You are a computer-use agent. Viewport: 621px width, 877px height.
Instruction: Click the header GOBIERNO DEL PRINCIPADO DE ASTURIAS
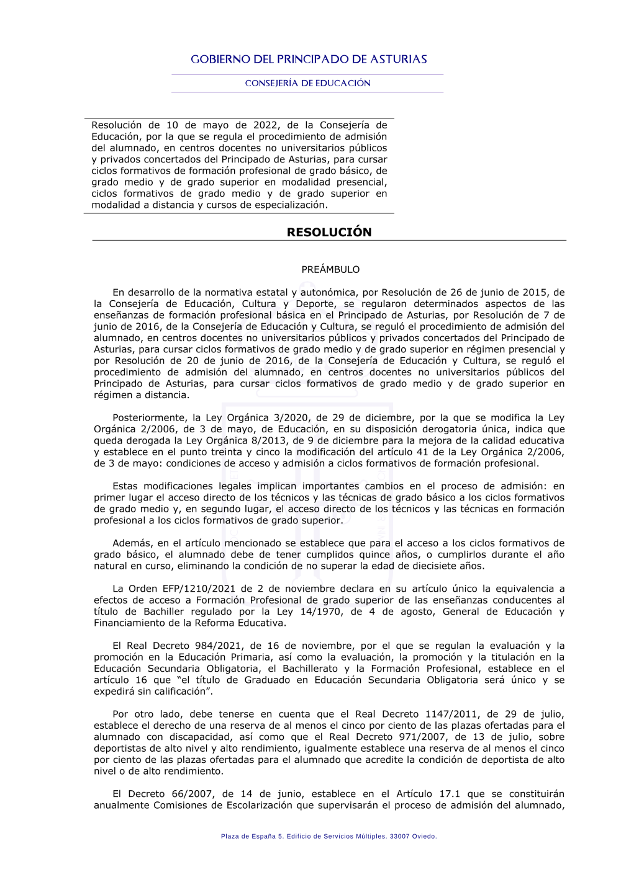click(309, 60)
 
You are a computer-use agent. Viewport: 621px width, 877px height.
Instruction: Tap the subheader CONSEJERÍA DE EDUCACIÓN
click(307, 83)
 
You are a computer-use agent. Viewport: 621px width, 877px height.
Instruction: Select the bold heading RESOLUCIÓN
click(329, 232)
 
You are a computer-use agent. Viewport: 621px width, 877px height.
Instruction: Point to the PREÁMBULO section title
click(330, 269)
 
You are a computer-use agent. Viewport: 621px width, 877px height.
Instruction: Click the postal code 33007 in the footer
click(399, 836)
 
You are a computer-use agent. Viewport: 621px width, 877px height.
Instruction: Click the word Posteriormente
click(150, 418)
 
